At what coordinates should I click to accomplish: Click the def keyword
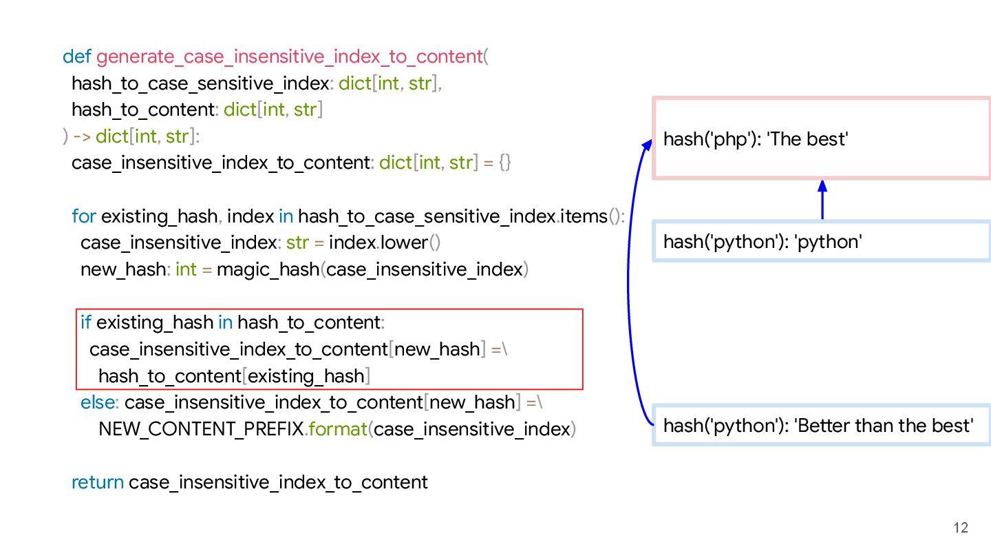click(x=76, y=56)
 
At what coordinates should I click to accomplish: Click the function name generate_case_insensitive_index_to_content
click(x=289, y=56)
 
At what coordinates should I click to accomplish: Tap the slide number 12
click(x=961, y=528)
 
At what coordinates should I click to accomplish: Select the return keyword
click(x=98, y=482)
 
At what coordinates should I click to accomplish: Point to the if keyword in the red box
click(x=86, y=322)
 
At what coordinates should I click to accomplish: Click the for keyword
click(x=83, y=216)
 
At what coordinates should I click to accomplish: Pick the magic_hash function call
click(x=268, y=269)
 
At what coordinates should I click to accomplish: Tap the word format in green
click(x=338, y=429)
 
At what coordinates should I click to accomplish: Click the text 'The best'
click(x=807, y=139)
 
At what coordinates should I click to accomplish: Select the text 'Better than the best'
click(x=884, y=426)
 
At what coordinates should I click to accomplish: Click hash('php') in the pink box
click(x=711, y=139)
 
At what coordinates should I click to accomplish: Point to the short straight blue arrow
click(x=822, y=200)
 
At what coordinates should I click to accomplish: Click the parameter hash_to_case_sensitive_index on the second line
click(x=200, y=83)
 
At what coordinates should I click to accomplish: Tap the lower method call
click(x=405, y=243)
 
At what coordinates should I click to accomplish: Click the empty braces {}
click(x=504, y=163)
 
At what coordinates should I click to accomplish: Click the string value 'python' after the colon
click(x=829, y=242)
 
